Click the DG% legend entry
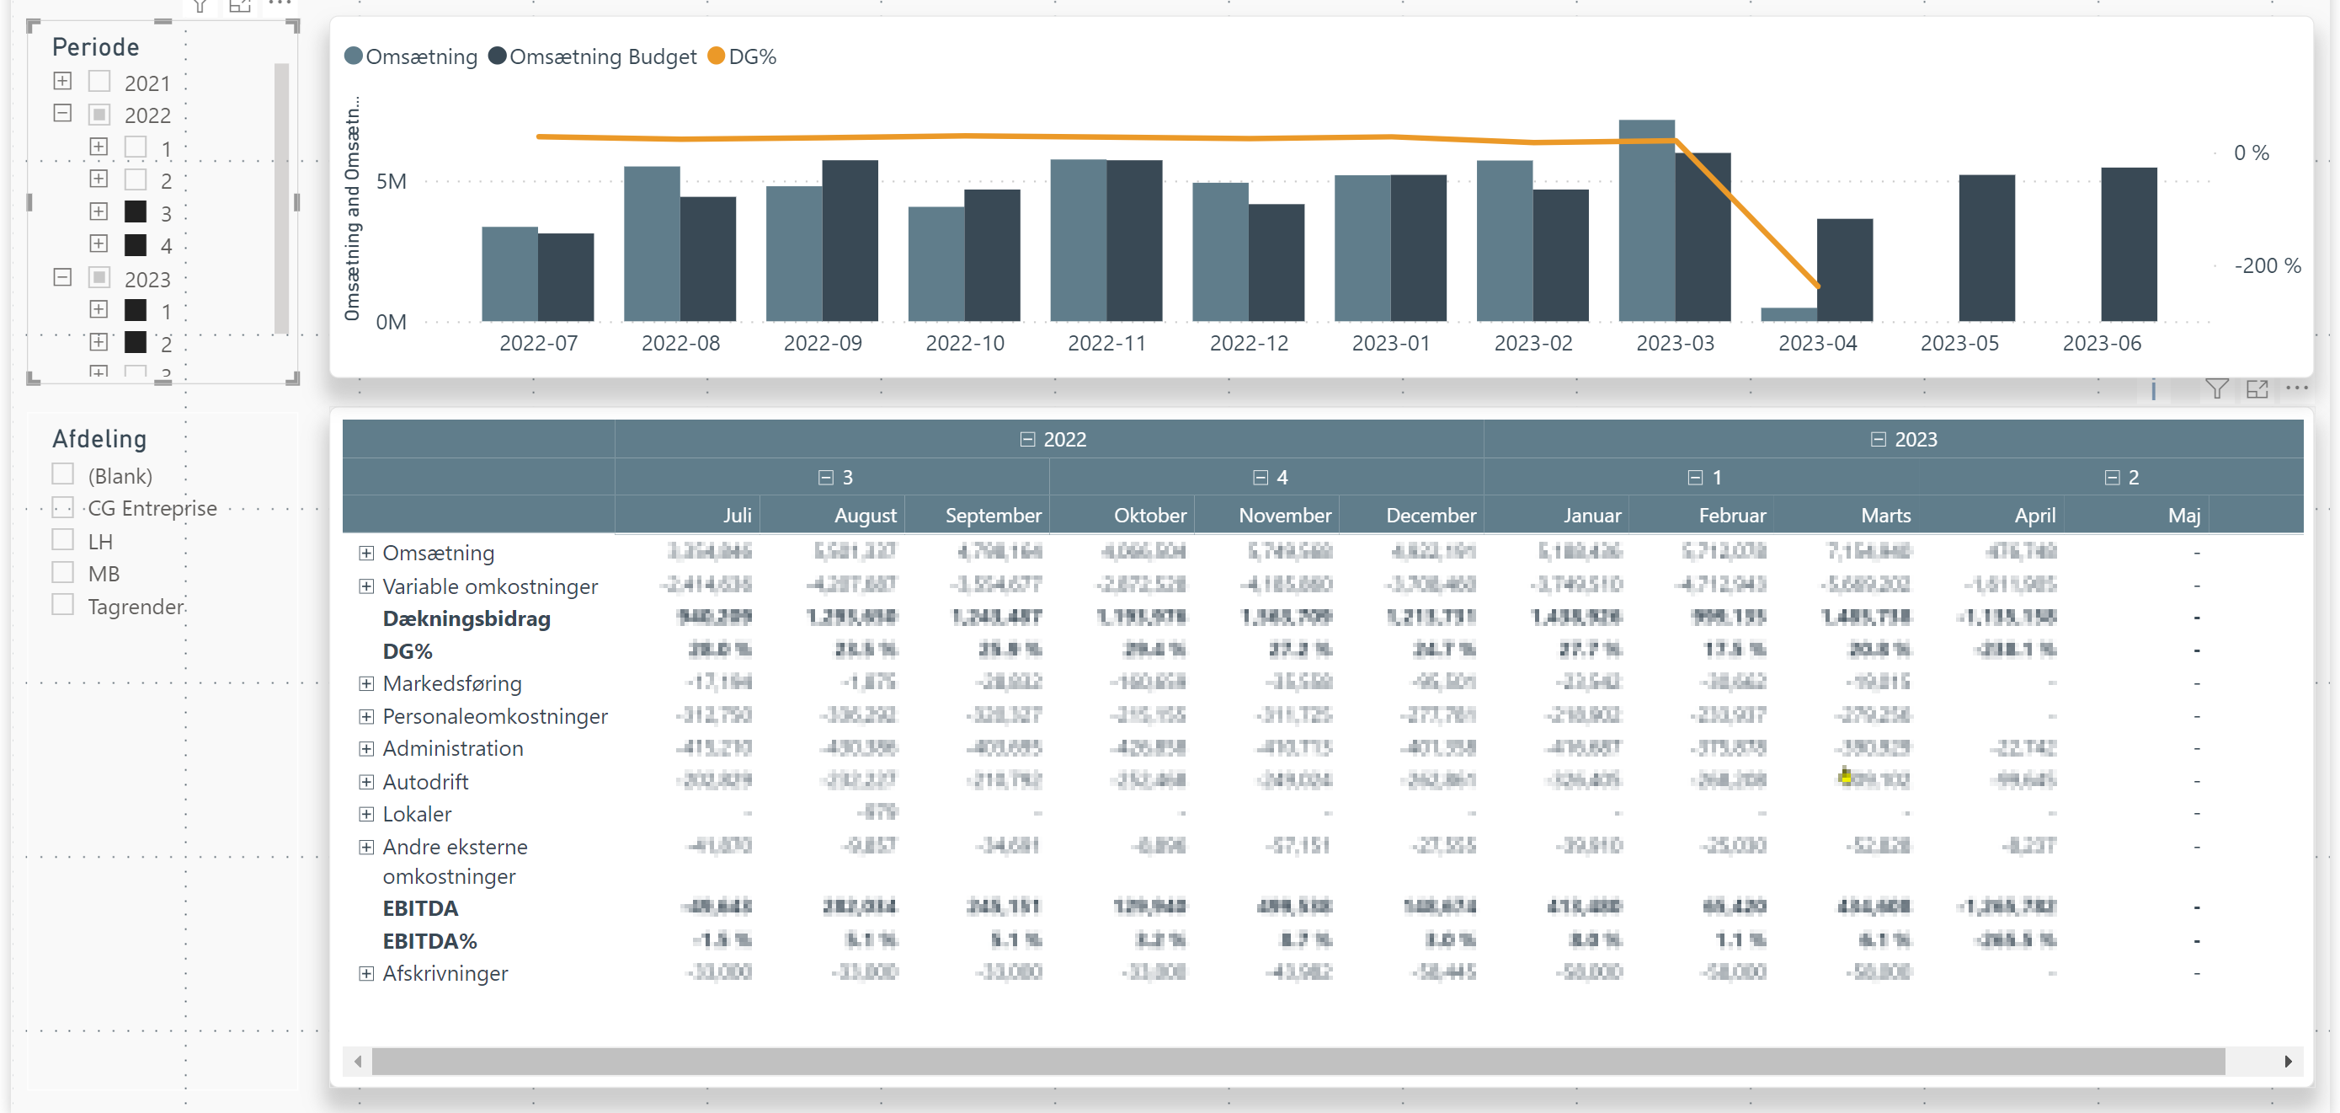741,56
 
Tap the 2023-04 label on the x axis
1817,344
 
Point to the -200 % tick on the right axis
2267,265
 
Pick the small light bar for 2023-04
1788,314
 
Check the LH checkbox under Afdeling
62,541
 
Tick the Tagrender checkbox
62,605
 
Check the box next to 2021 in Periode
99,82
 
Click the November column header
1283,515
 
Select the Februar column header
1731,515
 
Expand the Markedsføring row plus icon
366,683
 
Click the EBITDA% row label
429,940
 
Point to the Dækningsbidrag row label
466,618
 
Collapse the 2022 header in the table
1027,440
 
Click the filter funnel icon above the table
2215,389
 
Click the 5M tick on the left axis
391,181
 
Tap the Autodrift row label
425,781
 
